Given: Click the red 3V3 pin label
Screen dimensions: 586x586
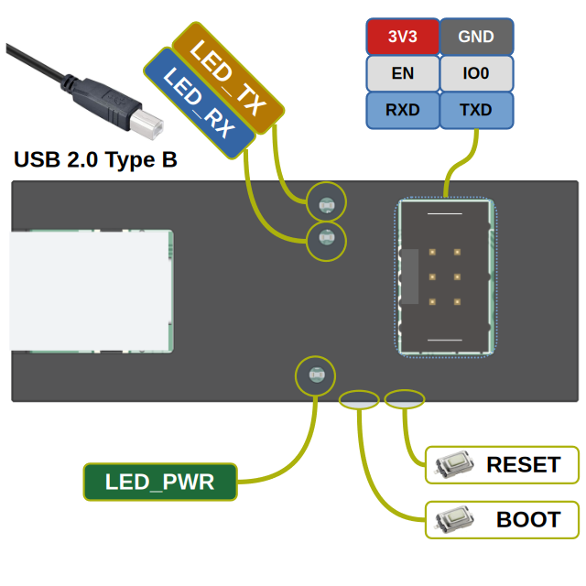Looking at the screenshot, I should tap(402, 38).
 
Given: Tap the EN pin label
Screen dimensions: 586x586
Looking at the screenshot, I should tap(402, 74).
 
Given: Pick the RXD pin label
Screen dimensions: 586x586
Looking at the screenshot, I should tap(402, 111).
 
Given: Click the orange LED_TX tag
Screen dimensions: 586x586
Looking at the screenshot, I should tap(229, 78).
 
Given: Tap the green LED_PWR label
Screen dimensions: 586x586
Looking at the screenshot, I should tap(159, 482).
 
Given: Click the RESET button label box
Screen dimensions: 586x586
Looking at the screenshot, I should tap(504, 464).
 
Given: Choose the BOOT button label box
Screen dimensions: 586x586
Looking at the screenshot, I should tap(504, 520).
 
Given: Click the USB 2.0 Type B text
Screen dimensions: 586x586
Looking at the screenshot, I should tap(95, 160).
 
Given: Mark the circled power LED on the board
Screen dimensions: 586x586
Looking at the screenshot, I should tap(316, 375).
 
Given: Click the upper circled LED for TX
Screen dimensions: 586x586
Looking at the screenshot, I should tap(325, 203).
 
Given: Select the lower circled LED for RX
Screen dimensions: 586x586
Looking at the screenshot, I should tap(326, 240).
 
